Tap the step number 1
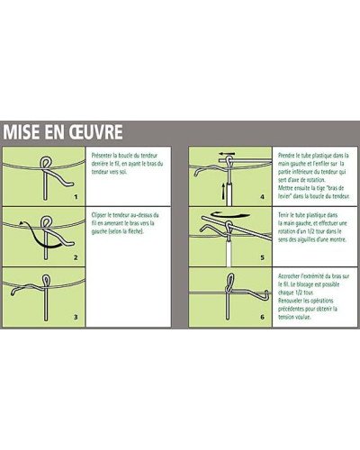76,195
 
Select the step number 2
76,256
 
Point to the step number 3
76,317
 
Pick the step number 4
261,195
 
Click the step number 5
261,256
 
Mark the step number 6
261,317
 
